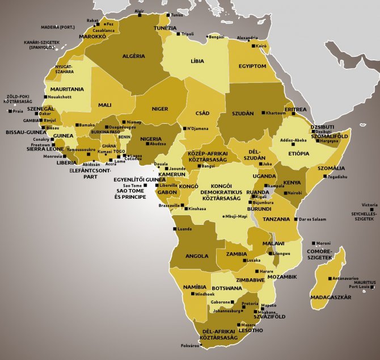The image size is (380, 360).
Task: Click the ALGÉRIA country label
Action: tap(134, 56)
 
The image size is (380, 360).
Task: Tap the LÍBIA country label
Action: tap(197, 60)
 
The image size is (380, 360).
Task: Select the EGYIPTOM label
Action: tap(252, 66)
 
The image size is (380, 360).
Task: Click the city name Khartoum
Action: tap(276, 113)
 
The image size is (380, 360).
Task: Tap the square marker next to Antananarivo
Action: tap(330, 279)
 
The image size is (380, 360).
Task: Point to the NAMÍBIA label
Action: tap(195, 288)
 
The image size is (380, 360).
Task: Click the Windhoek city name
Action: tap(202, 294)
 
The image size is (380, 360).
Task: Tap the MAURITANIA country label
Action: tap(67, 89)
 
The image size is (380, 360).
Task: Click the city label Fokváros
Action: tap(190, 345)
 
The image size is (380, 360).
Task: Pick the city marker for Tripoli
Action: tap(180, 34)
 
